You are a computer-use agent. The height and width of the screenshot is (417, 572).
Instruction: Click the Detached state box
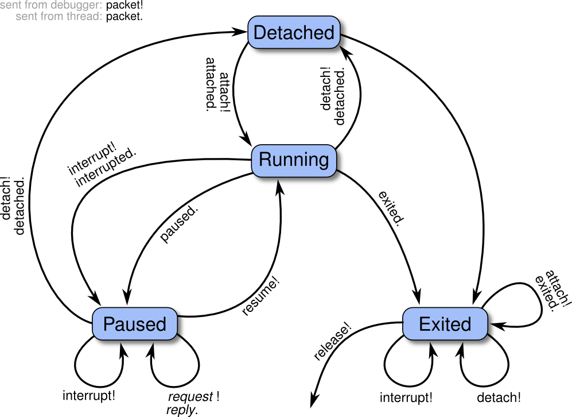[x=294, y=32]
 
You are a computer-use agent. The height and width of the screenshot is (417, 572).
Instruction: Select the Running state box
[x=294, y=161]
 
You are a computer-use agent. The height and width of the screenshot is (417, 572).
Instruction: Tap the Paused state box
[x=135, y=324]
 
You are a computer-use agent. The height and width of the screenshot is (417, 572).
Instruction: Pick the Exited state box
[x=445, y=324]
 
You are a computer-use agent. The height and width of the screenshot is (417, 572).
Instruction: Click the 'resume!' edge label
[x=261, y=296]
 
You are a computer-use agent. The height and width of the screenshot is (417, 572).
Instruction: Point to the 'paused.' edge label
[x=179, y=223]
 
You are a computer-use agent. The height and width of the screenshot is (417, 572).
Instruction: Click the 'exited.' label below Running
[x=391, y=208]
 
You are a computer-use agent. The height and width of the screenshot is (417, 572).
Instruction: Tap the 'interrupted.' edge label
[x=106, y=167]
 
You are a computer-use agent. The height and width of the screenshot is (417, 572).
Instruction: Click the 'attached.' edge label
[x=211, y=84]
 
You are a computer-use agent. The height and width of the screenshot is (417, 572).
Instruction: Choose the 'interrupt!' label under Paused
[x=89, y=395]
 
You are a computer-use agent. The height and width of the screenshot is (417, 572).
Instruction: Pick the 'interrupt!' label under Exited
[x=406, y=397]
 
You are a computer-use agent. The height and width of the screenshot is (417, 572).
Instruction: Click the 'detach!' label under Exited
[x=499, y=397]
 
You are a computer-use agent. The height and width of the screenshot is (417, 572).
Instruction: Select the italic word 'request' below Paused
[x=190, y=396]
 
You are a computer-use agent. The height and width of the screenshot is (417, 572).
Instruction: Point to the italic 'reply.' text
[x=182, y=410]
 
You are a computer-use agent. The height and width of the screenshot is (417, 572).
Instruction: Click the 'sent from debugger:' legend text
[x=52, y=5]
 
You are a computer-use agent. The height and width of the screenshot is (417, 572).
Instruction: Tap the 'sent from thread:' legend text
[x=59, y=16]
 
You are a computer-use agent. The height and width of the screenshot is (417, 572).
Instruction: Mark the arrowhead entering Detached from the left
[x=240, y=32]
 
